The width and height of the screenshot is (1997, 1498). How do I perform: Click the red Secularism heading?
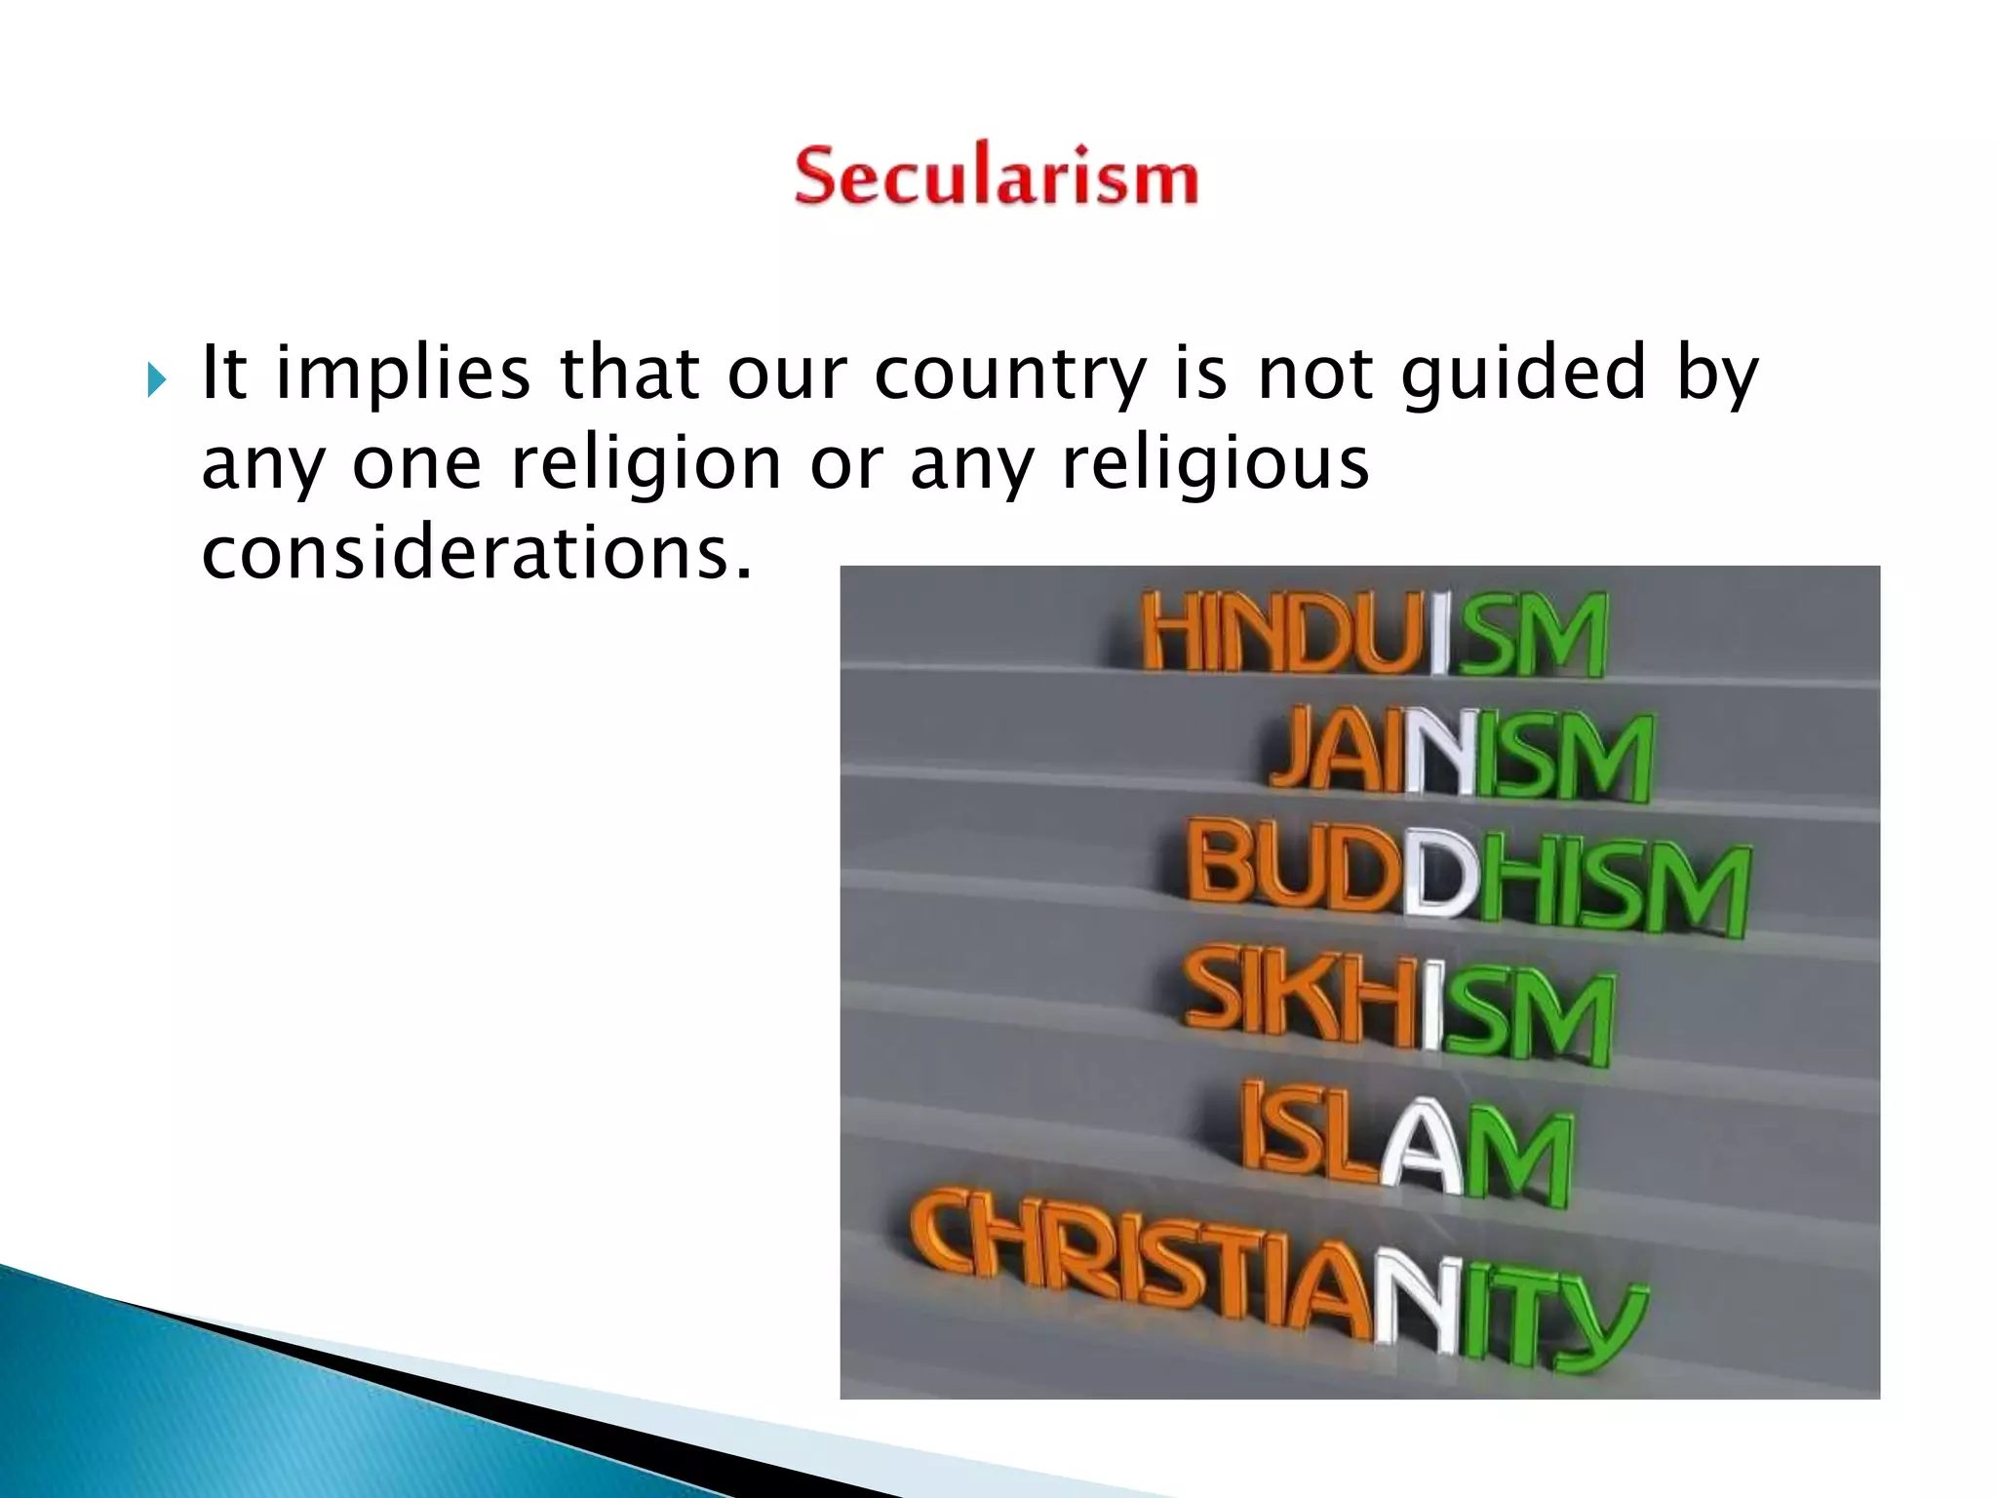[996, 177]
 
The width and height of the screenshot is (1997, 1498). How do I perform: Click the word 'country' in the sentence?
[1009, 375]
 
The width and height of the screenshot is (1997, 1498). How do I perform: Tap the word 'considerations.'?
[478, 553]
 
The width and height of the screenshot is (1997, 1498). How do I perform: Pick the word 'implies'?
[403, 375]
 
